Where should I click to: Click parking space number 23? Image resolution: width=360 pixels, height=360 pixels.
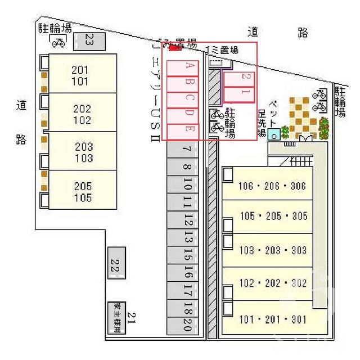coord(89,39)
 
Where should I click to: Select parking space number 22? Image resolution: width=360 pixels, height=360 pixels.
coord(116,263)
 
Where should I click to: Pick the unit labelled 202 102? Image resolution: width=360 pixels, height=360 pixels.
coord(82,113)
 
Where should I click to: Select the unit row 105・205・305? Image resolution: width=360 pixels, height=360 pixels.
coord(273,216)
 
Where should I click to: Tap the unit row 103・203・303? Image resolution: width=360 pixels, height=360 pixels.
coord(273,250)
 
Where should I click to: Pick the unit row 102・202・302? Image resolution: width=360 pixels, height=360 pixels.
coord(273,283)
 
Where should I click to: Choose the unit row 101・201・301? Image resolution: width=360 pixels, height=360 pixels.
coord(273,319)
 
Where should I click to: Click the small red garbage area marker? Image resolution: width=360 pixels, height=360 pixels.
coord(175,48)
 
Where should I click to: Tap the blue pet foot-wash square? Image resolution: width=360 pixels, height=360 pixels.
coord(273,134)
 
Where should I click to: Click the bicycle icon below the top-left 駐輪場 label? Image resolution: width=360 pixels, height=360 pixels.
coord(58,42)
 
